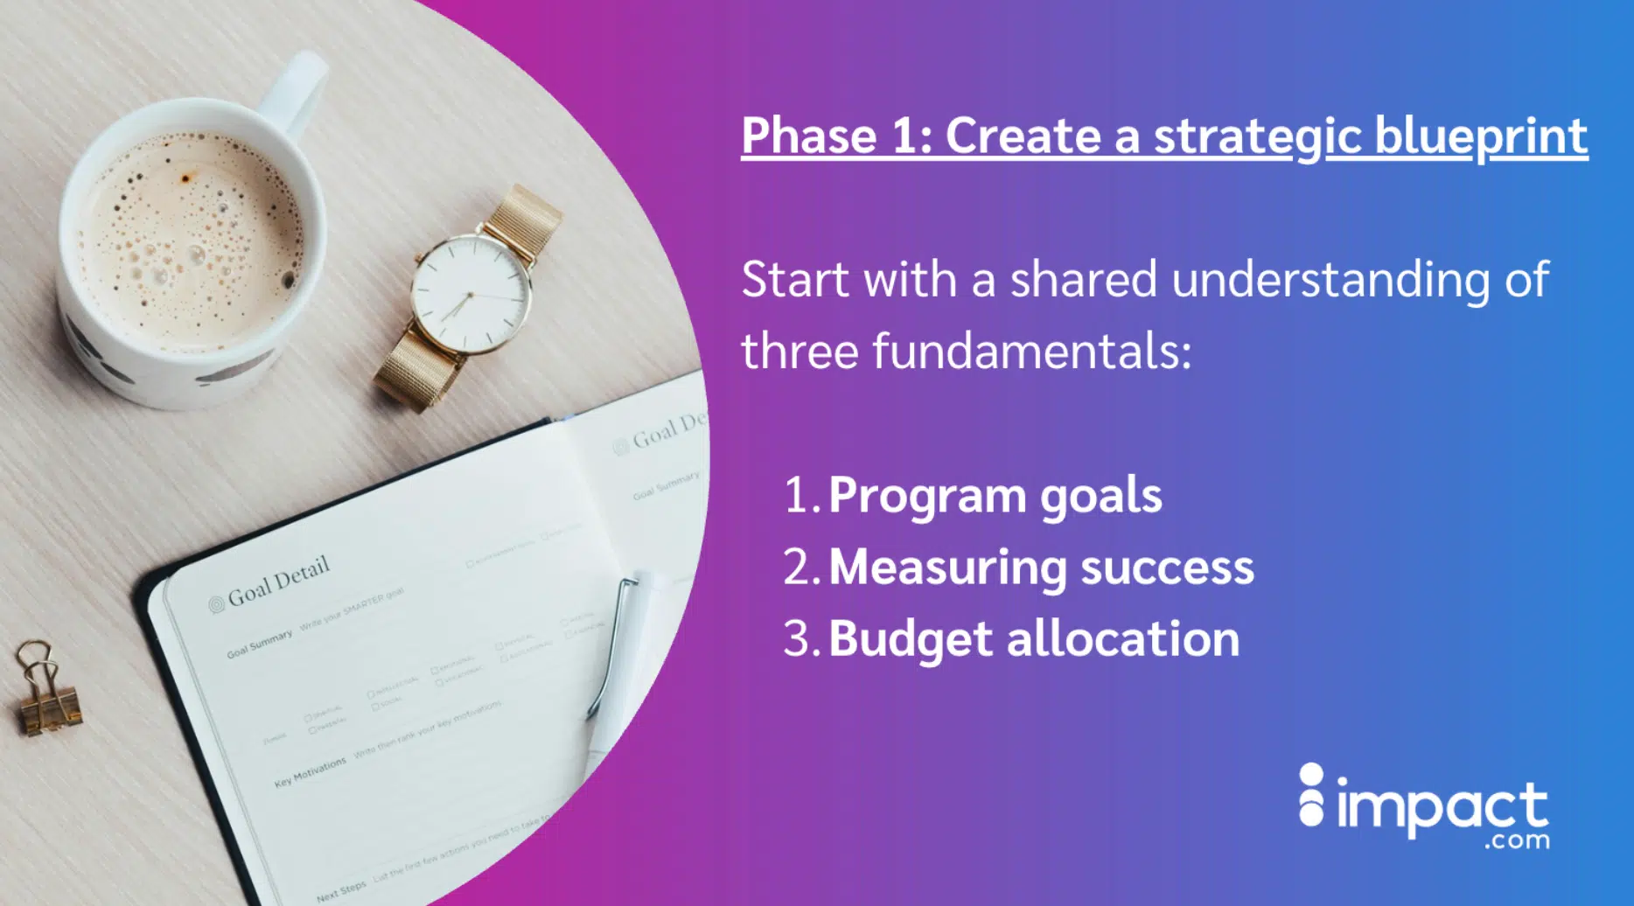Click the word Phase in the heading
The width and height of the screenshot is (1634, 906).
[809, 136]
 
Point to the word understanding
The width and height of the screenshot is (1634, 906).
[1330, 280]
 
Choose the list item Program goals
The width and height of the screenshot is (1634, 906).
[995, 496]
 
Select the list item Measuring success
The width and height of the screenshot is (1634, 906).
[1041, 568]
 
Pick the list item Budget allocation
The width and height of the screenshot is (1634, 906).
[1034, 639]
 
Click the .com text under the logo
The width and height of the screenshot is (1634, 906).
[1516, 841]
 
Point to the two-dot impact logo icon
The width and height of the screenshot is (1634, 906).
[1310, 795]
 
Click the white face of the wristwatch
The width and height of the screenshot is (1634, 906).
[471, 294]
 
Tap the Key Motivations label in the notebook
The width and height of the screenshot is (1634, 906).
[310, 772]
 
